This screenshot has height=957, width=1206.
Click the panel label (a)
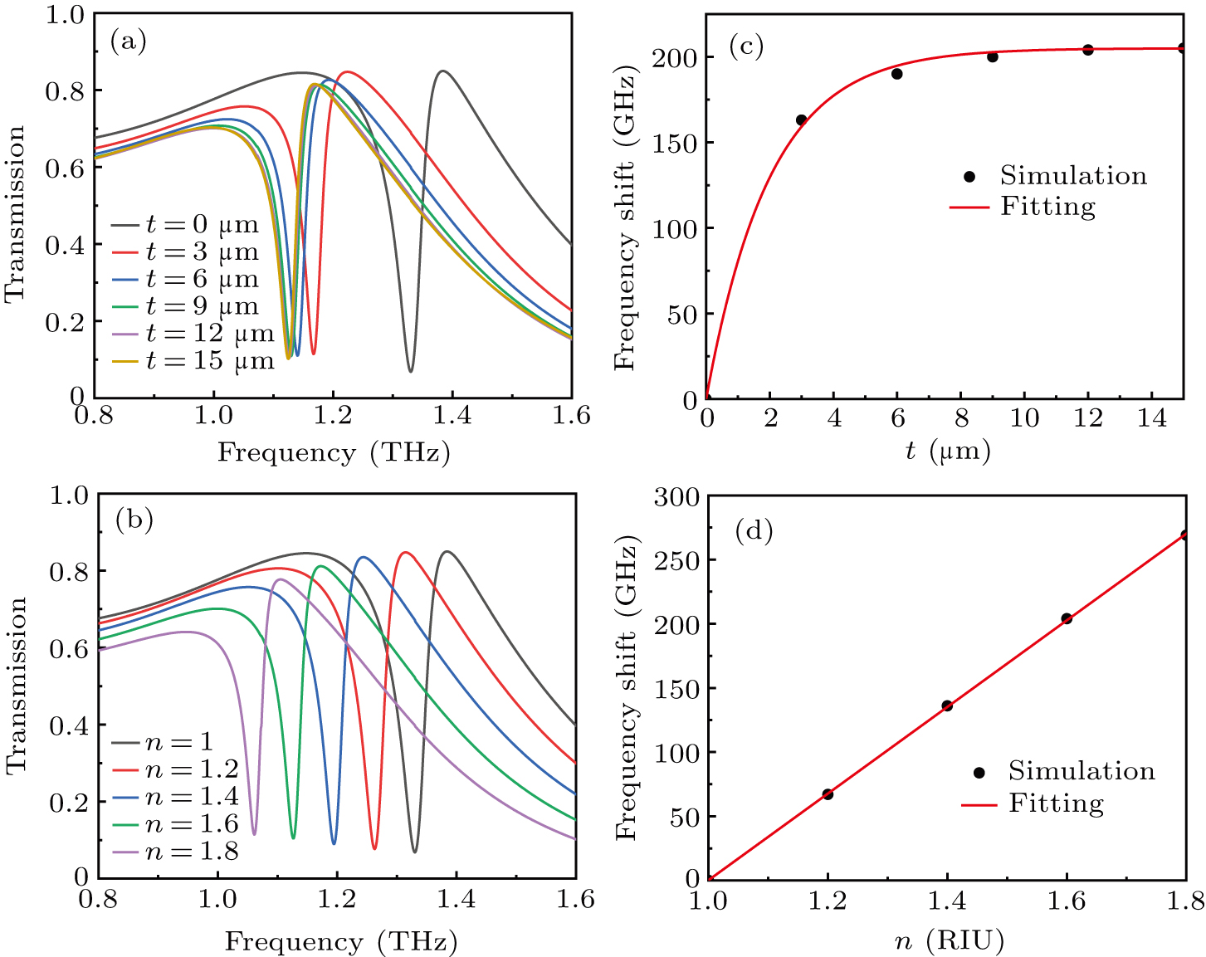tap(129, 42)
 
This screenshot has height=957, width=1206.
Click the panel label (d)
tap(754, 530)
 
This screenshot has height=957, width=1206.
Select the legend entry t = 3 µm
tap(185, 252)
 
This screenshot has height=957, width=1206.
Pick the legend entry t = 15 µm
tap(193, 361)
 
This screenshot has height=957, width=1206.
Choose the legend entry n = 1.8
tap(175, 851)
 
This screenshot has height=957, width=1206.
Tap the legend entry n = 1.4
tap(175, 796)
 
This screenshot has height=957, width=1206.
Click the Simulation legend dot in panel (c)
tap(969, 177)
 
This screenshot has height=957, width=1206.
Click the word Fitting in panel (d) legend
tap(1057, 804)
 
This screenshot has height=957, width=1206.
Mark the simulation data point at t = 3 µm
tap(802, 120)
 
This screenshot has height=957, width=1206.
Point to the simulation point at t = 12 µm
tap(1088, 50)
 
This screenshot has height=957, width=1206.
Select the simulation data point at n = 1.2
tap(828, 794)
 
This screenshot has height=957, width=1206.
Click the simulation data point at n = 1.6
tap(1067, 619)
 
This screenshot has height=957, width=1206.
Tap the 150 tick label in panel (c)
tap(676, 143)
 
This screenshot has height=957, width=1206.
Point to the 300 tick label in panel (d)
tap(676, 496)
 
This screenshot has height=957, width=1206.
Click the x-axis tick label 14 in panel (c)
tap(1152, 418)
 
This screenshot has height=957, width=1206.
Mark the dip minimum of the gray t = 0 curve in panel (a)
tap(411, 371)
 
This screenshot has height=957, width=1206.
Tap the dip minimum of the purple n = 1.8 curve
tap(255, 835)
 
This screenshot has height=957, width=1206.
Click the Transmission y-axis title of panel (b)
tap(17, 686)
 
